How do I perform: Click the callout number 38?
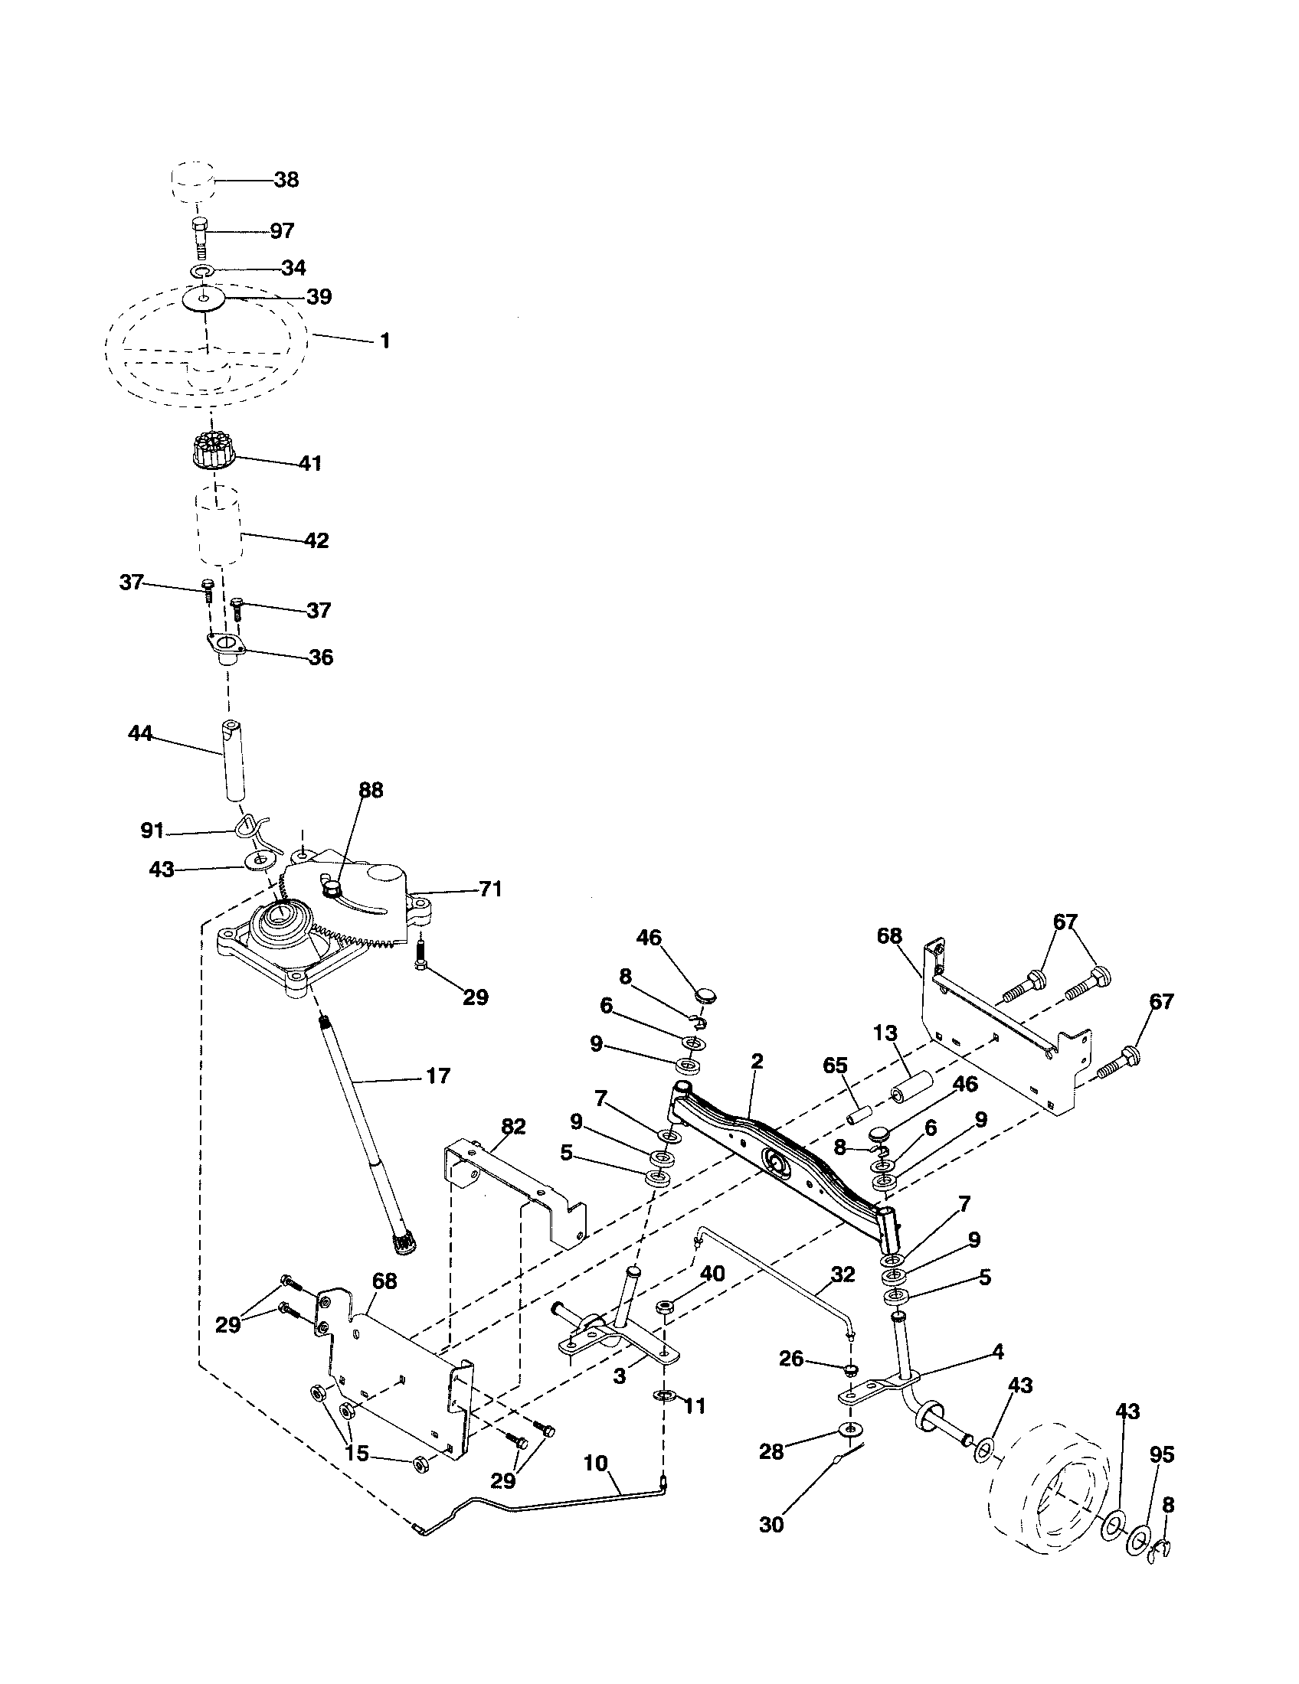pyautogui.click(x=286, y=180)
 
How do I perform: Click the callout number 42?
pyautogui.click(x=316, y=540)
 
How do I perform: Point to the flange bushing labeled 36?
pyautogui.click(x=226, y=648)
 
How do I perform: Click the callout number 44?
pyautogui.click(x=140, y=733)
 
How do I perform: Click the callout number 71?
pyautogui.click(x=490, y=889)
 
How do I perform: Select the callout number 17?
pyautogui.click(x=437, y=1075)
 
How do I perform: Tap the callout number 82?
pyautogui.click(x=513, y=1127)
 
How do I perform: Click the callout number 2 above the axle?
pyautogui.click(x=757, y=1061)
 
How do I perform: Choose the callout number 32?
pyautogui.click(x=843, y=1274)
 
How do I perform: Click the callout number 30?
pyautogui.click(x=771, y=1524)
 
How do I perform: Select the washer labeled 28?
pyautogui.click(x=849, y=1431)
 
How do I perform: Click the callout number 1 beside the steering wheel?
pyautogui.click(x=385, y=340)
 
